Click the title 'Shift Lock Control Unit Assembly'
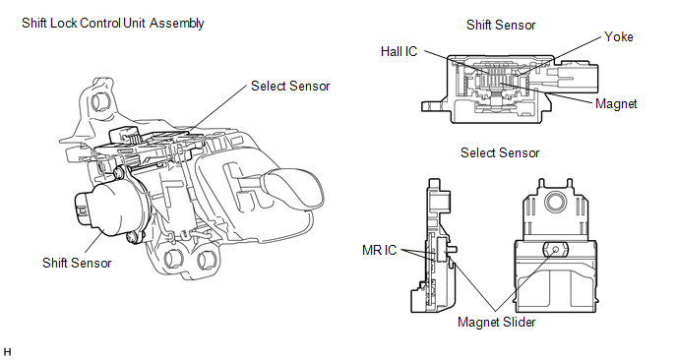point(113,23)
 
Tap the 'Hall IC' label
point(399,52)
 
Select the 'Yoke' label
point(619,36)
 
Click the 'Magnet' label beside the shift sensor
point(616,104)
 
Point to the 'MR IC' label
point(380,250)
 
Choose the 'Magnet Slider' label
point(497,322)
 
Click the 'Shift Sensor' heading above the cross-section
point(501,25)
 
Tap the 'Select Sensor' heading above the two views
point(500,152)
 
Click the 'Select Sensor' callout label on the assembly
point(290,87)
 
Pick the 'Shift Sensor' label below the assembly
point(77,263)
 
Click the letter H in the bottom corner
point(7,352)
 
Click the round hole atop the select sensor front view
point(556,202)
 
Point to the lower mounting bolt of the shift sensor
point(133,237)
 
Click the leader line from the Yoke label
point(559,56)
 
